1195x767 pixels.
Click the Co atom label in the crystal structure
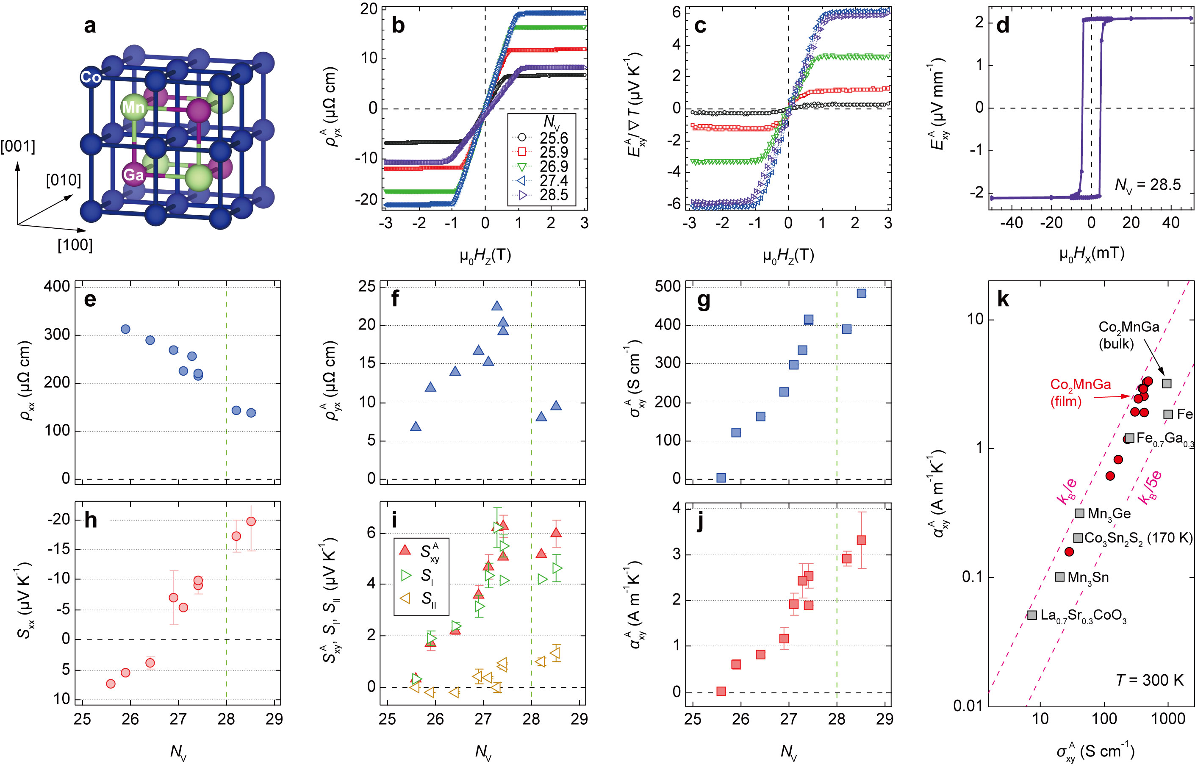[x=91, y=77]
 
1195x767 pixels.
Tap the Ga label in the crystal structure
[x=133, y=174]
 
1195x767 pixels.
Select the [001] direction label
[x=18, y=147]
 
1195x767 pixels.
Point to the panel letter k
[x=1002, y=299]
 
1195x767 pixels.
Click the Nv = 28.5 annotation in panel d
[x=1147, y=185]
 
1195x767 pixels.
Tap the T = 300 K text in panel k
[x=1149, y=680]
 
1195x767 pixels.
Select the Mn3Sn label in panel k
[x=1088, y=577]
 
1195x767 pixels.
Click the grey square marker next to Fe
[x=1167, y=414]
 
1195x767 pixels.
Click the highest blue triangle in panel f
[x=496, y=306]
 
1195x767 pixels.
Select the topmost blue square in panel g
[x=861, y=294]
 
